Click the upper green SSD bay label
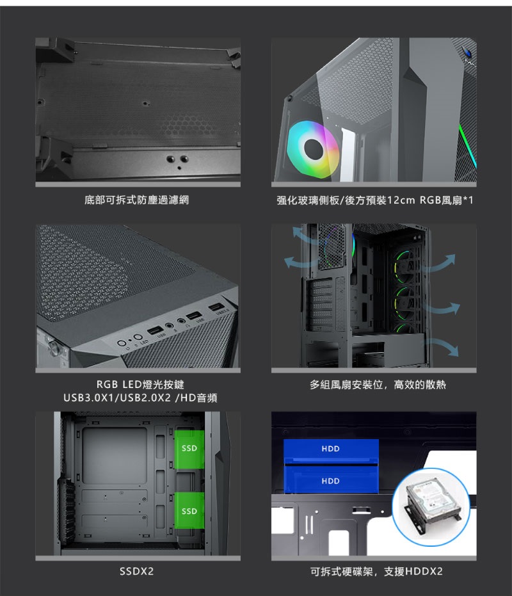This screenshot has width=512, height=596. [x=189, y=449]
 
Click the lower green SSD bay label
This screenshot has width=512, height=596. [x=189, y=511]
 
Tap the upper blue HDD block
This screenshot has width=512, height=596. [x=331, y=449]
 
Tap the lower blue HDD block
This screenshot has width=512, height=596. [x=331, y=479]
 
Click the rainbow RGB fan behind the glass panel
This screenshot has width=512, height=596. [x=313, y=149]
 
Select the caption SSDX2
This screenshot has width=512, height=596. [x=137, y=571]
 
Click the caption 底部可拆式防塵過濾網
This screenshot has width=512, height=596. [x=137, y=200]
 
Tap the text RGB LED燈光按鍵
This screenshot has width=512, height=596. [x=140, y=385]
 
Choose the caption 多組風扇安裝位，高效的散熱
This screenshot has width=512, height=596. [x=378, y=385]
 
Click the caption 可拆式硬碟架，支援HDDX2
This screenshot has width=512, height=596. [x=376, y=571]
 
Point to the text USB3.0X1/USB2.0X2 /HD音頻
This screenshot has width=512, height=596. [x=140, y=398]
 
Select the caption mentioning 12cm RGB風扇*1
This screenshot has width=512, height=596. [x=375, y=200]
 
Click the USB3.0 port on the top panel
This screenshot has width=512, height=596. [x=215, y=307]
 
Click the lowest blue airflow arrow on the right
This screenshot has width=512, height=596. [x=445, y=345]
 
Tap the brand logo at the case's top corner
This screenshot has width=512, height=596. [x=468, y=54]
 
